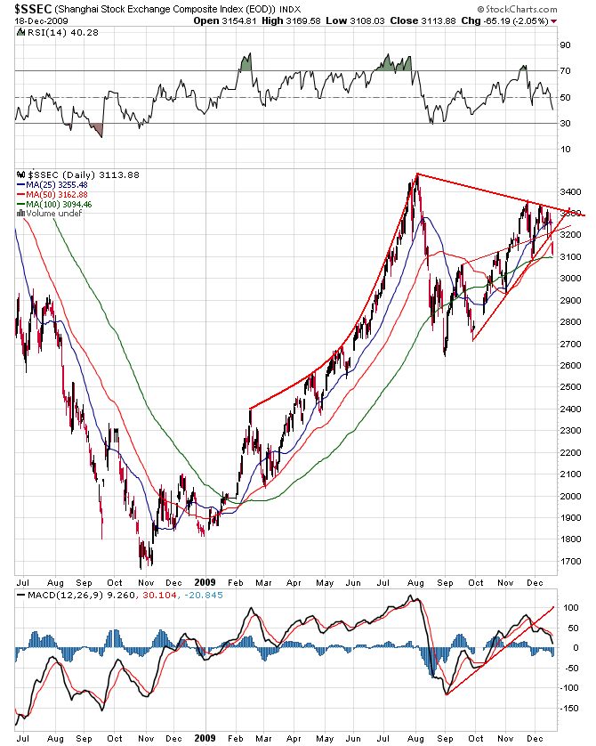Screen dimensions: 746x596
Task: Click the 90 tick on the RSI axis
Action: click(564, 44)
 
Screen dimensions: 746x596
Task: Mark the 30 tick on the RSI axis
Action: click(564, 124)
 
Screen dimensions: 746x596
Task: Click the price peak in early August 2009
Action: click(415, 175)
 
